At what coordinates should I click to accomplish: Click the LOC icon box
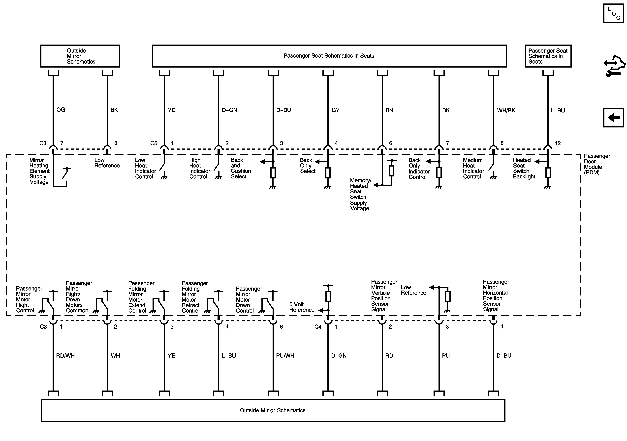613,13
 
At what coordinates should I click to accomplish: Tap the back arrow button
614,118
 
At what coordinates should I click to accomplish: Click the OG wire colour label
61,110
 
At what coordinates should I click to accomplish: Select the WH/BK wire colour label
506,110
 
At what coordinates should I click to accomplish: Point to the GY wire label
335,110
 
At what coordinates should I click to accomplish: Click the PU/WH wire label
285,356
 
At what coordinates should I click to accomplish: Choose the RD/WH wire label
65,356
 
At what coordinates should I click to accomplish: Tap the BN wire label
389,110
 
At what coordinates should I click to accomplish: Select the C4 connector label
318,327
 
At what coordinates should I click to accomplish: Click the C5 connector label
154,143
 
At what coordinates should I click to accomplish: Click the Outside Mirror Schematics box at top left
80,56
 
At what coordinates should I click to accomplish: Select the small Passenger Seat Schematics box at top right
548,56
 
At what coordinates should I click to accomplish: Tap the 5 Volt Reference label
302,307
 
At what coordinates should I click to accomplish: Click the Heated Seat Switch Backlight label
524,168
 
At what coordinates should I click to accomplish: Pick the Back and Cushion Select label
241,168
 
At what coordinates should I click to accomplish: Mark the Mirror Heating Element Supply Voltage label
39,171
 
